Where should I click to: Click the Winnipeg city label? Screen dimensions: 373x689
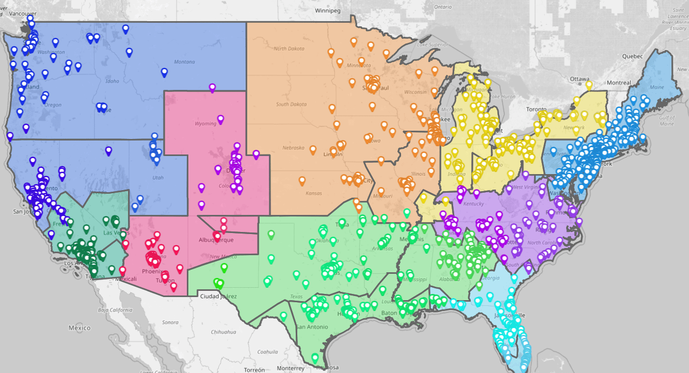tap(328, 10)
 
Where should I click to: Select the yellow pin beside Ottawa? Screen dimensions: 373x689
tap(589, 85)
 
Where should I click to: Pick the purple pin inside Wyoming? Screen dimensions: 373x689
tap(220, 119)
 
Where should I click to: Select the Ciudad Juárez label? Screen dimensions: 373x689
tap(218, 296)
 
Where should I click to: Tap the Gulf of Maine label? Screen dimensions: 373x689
tap(667, 121)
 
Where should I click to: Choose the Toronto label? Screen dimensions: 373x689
tap(535, 110)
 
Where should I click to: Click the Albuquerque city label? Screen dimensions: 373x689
tap(216, 240)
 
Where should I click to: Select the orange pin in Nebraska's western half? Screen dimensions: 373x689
tap(313, 150)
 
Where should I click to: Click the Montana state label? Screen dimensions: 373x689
tap(184, 62)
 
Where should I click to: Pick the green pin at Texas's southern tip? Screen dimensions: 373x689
tap(315, 357)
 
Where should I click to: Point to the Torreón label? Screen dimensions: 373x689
tap(254, 370)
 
